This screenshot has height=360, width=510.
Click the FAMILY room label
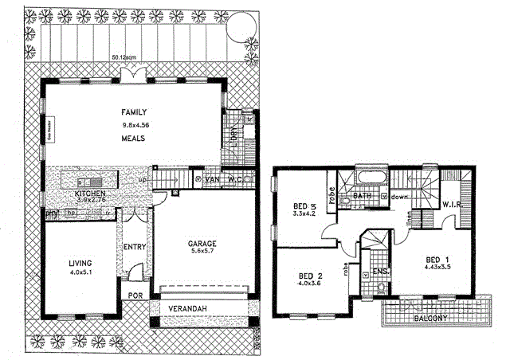coord(132,112)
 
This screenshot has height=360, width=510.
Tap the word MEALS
coord(132,139)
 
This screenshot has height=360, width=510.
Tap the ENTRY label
coord(134,248)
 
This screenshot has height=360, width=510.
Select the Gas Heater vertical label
coord(49,128)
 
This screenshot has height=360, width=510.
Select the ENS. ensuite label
coord(381,272)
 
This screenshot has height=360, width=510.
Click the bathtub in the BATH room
coord(371,176)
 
